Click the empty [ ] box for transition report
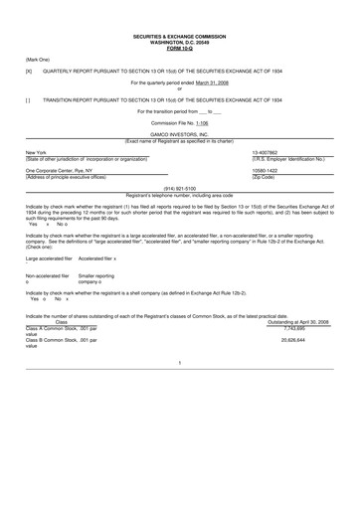[29, 100]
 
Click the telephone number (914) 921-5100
[179, 186]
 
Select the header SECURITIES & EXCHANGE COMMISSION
[180, 37]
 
